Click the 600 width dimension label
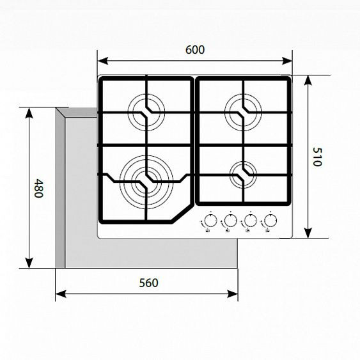point(194,50)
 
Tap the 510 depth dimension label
point(317,157)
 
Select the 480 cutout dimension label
point(38,188)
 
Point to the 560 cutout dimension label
point(146,282)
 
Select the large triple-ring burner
point(146,180)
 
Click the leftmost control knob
point(209,221)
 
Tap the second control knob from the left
point(229,221)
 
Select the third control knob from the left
point(249,221)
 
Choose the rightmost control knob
point(270,221)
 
